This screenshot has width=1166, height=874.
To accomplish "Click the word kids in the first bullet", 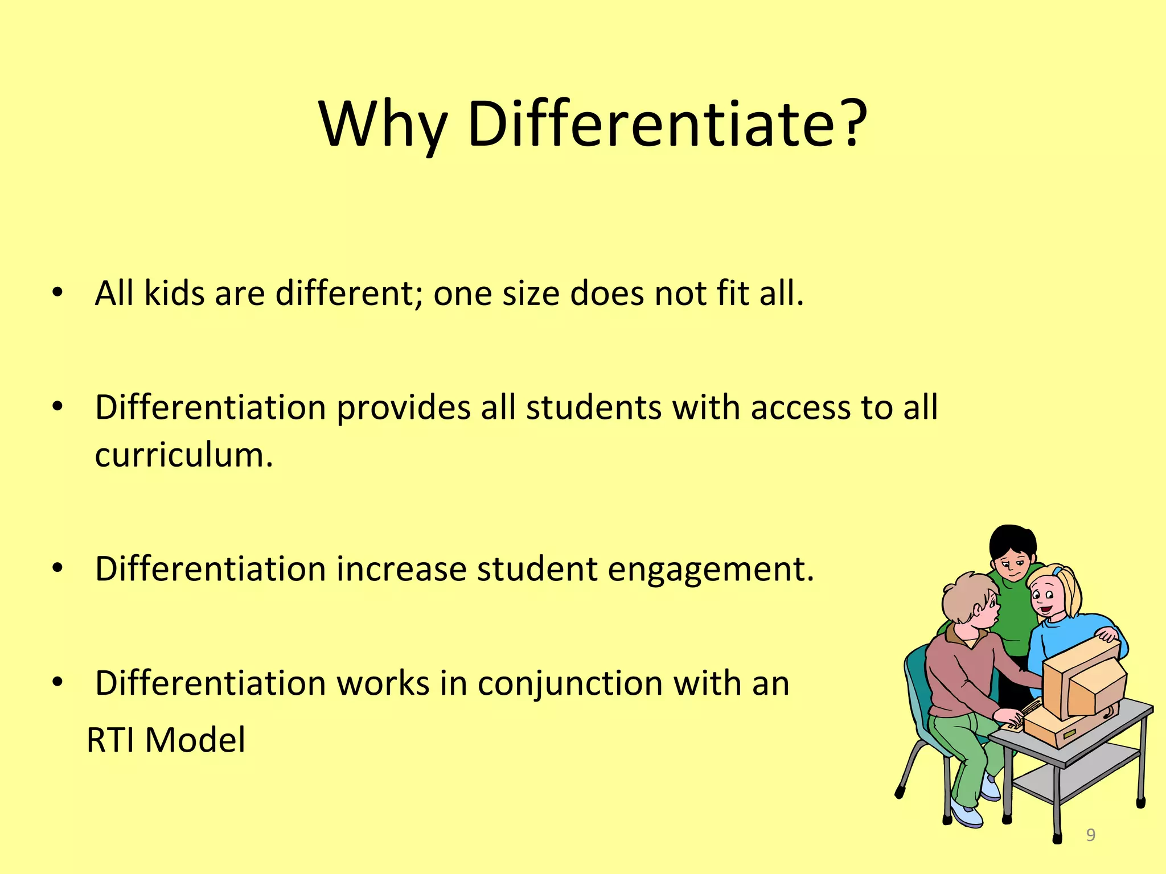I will click(174, 294).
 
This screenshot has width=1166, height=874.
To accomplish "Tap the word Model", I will click(195, 740).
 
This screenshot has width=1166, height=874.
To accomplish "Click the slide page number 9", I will click(1091, 835).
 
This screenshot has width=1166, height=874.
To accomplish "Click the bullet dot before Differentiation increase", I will click(57, 568).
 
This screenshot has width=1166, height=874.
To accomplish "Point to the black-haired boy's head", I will click(1012, 550).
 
